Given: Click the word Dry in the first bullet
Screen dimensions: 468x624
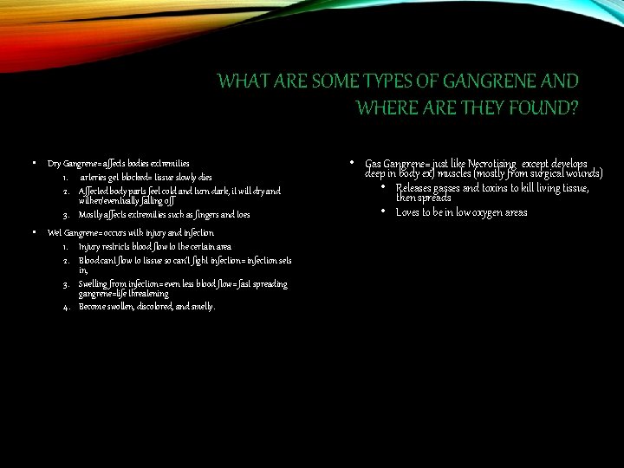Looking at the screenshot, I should tap(54, 163).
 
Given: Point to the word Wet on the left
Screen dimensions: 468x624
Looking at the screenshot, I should tap(55, 233).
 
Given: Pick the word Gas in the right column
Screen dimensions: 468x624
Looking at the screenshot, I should tap(374, 163).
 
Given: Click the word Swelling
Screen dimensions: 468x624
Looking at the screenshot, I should tap(92, 284).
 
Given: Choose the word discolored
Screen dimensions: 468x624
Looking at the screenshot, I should tap(159, 306).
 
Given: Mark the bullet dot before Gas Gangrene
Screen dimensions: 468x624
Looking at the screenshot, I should tap(351, 162).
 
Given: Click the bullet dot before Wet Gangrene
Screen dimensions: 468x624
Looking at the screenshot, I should tap(32, 232).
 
